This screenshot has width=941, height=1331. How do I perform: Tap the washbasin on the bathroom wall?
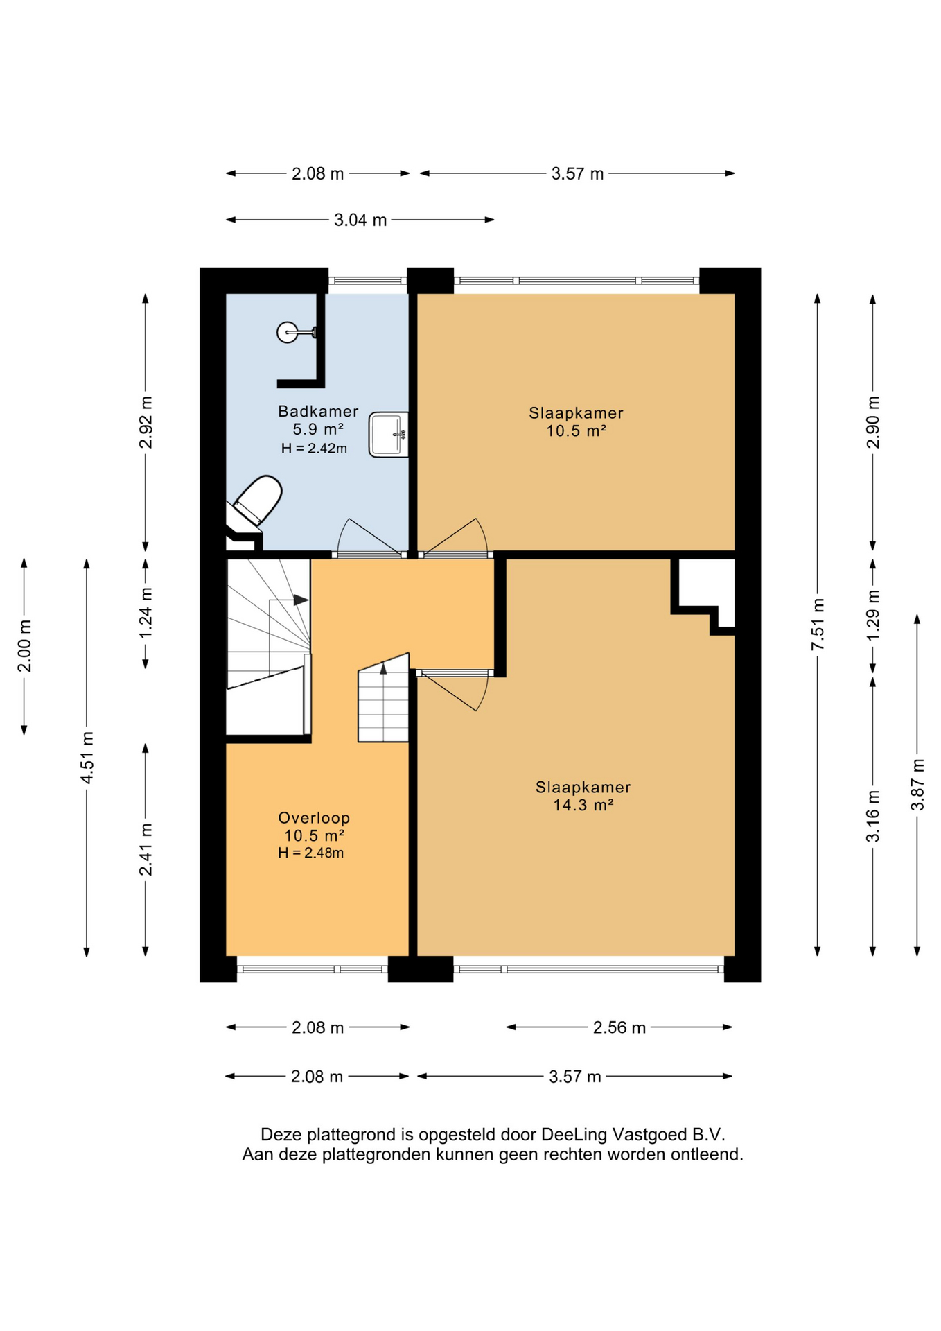tap(389, 435)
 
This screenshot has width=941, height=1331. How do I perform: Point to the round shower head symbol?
tap(287, 333)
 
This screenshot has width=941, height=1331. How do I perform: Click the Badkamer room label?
tap(318, 411)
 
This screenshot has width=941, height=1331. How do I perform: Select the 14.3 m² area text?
tap(583, 805)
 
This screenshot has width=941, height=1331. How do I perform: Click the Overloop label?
tap(314, 818)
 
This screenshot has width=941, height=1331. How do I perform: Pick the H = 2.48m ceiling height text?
tap(311, 853)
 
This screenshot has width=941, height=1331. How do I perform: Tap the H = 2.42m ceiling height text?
tap(314, 449)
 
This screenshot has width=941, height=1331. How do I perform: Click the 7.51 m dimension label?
tap(818, 624)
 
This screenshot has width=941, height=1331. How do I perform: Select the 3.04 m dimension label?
tap(360, 220)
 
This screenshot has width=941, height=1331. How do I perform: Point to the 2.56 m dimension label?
tap(619, 1027)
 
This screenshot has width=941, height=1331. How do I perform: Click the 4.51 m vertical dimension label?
tap(87, 758)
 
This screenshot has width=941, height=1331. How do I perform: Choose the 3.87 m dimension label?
tap(917, 785)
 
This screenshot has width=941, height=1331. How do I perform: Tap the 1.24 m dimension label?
tap(146, 614)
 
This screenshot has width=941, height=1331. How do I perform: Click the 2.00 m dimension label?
tap(24, 646)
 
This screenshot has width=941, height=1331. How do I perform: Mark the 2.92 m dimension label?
tap(146, 423)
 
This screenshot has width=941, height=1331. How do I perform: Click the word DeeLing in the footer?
tap(573, 1135)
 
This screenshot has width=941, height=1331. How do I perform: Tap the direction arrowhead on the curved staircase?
tap(301, 600)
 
